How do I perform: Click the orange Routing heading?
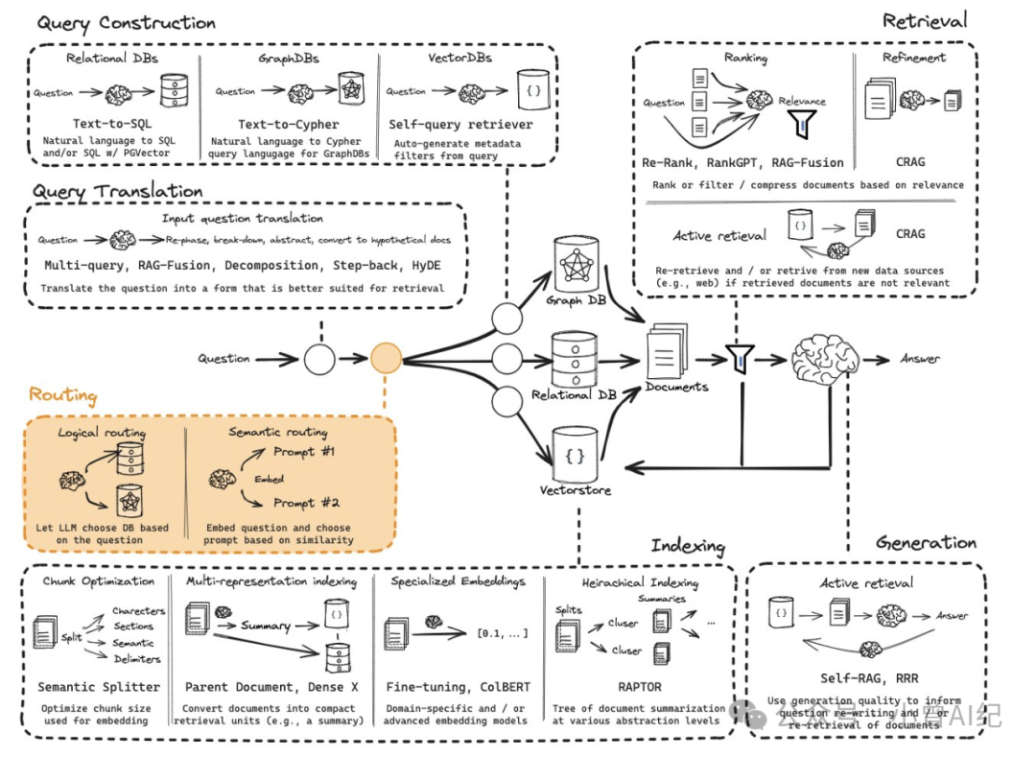click(x=62, y=394)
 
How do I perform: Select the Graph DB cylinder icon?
click(x=576, y=264)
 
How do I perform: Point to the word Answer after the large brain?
click(x=920, y=359)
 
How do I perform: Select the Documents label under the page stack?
click(x=676, y=387)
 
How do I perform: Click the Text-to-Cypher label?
click(x=289, y=125)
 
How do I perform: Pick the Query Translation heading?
click(x=117, y=191)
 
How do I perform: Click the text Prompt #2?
click(x=306, y=502)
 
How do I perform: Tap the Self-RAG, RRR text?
click(x=865, y=677)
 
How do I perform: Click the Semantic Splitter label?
click(x=99, y=687)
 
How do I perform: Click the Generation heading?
click(x=926, y=543)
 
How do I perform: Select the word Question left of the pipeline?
click(x=224, y=359)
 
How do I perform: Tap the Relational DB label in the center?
click(x=575, y=394)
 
